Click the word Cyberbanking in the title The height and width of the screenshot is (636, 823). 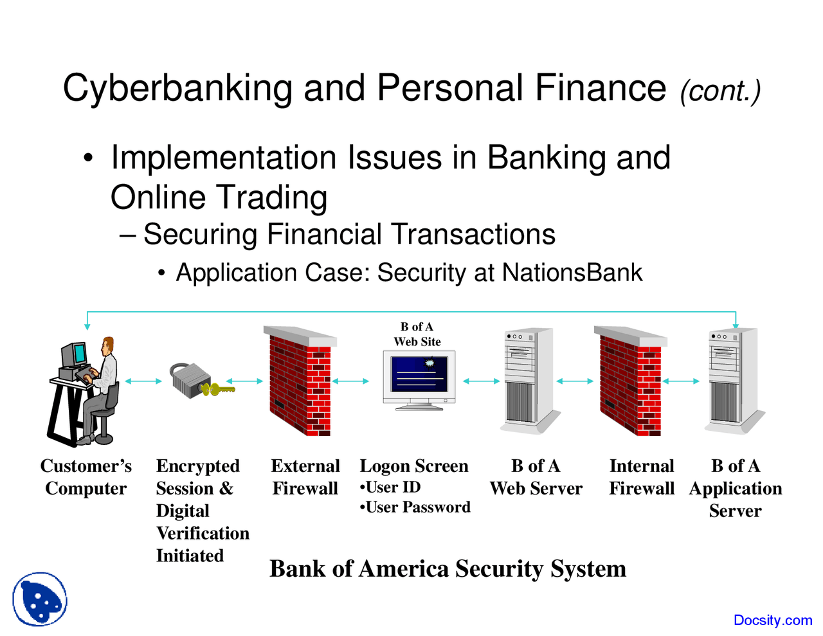177,88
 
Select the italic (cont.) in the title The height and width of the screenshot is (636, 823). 720,91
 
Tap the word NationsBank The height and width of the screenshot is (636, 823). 572,273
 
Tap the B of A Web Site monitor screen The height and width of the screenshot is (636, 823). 419,375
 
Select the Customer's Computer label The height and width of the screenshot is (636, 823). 86,477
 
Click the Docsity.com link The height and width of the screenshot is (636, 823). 772,620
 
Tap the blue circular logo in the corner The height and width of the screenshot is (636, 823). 40,599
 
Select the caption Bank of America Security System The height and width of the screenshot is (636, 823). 448,569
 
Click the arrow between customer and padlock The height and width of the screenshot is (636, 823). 143,381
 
